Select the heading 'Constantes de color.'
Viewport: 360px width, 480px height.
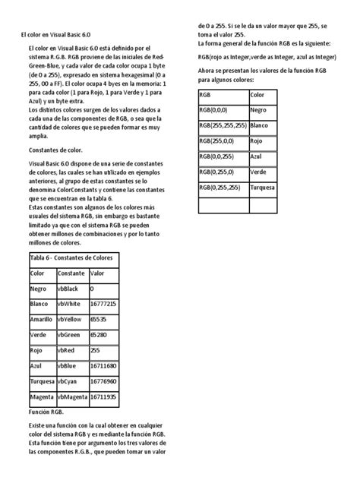point(55,150)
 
